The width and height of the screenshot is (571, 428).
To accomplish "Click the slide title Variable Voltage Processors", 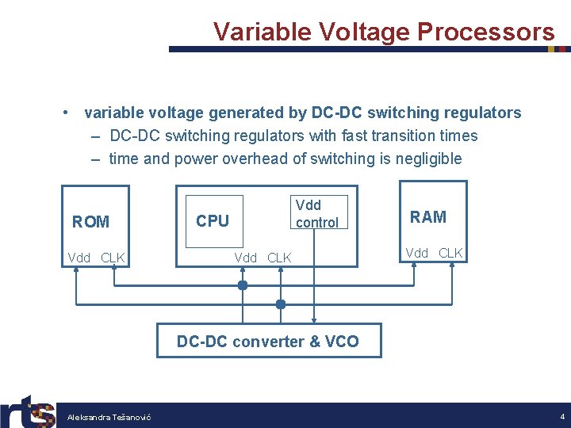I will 383,32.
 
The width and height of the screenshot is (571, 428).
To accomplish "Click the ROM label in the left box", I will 90,222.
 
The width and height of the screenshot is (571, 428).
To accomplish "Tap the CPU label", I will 212,221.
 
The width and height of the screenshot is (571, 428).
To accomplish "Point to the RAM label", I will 427,217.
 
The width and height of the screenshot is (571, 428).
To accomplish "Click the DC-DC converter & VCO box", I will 268,342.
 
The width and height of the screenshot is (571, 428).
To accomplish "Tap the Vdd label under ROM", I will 79,258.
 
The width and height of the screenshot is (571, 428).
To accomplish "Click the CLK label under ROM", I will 113,258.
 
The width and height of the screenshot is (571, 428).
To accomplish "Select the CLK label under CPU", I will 279,258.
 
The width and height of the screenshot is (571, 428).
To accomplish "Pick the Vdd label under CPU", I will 246,258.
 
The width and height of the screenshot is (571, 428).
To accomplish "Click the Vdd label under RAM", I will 417,253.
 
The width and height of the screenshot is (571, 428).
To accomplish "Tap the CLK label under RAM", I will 450,253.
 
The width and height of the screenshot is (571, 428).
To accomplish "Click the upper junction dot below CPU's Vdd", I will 243,285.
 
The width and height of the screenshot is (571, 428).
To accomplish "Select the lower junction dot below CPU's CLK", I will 280,304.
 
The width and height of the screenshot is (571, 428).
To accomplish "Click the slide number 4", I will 561,416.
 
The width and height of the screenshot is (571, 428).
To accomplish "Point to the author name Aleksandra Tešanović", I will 109,417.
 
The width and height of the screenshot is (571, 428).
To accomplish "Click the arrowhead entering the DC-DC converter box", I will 314,319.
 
